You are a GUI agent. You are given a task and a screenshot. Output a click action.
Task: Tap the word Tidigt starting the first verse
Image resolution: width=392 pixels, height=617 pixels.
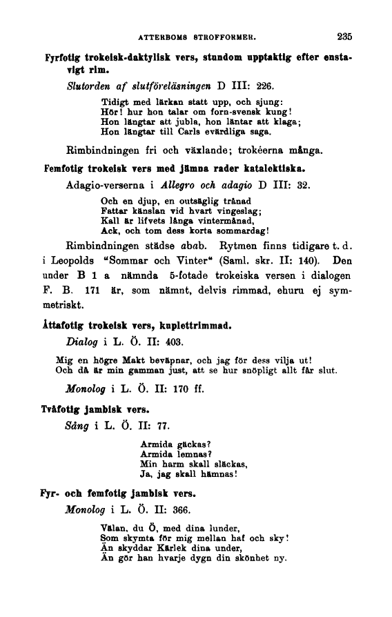(114, 103)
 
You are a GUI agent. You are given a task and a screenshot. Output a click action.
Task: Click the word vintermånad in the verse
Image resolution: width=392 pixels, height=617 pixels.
(222, 220)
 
